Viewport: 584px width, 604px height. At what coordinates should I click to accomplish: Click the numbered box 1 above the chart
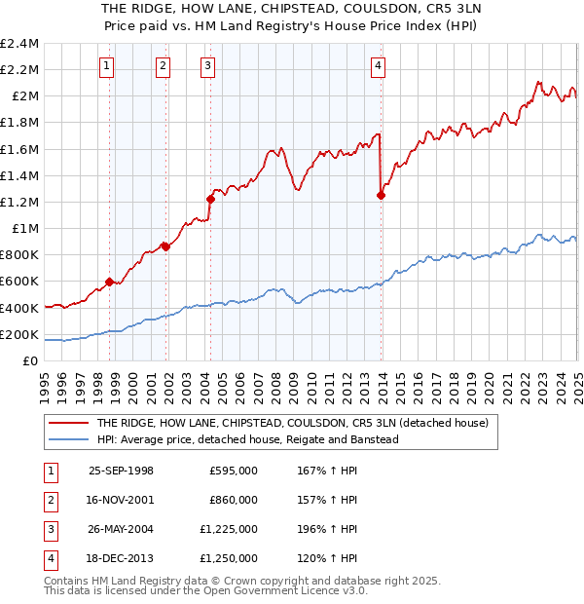tap(105, 66)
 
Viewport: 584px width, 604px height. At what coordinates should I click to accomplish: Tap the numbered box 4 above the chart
tap(378, 66)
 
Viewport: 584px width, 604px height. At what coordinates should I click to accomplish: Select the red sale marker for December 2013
tap(381, 195)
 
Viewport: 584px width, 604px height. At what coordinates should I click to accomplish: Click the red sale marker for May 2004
tap(210, 199)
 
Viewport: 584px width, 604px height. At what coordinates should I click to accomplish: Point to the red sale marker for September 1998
tap(109, 283)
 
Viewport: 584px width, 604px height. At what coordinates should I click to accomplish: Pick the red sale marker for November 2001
tap(165, 246)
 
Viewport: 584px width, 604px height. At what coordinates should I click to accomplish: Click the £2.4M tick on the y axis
tap(19, 44)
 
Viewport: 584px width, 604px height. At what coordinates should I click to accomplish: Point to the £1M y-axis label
tap(25, 229)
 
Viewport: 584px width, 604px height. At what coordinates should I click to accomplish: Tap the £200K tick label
tap(19, 334)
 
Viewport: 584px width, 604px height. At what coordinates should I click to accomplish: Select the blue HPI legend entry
tap(247, 439)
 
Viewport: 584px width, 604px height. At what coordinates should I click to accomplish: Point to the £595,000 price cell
tap(234, 471)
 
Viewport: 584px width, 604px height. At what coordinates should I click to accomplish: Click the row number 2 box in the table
tap(49, 500)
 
